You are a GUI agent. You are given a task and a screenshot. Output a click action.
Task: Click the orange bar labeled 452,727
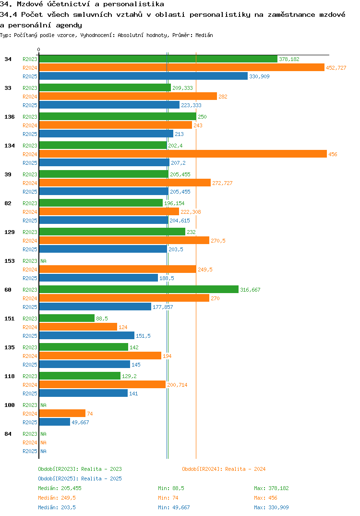[x=181, y=68]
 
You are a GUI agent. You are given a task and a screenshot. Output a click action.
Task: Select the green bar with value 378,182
[x=158, y=59]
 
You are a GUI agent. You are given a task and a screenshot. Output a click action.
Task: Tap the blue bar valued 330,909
[x=143, y=76]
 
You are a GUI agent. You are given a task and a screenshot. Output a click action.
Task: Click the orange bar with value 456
[x=182, y=154]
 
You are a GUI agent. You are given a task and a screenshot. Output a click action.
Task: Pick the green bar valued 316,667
[x=138, y=290]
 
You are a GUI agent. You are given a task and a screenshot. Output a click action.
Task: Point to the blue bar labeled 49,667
[x=54, y=422]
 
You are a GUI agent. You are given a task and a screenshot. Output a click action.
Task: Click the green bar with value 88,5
[x=67, y=319]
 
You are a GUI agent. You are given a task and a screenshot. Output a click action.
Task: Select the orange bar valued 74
[x=62, y=414]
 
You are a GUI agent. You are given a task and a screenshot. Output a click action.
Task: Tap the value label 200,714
[x=177, y=385]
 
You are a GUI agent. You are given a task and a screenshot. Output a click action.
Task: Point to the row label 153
[x=8, y=261]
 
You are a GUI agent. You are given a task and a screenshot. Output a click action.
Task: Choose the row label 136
[x=8, y=117]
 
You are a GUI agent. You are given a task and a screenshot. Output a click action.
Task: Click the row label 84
[x=8, y=434]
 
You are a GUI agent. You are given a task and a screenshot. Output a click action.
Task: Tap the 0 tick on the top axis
[x=39, y=49]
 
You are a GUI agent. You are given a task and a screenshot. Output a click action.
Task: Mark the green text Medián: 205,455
[x=60, y=488]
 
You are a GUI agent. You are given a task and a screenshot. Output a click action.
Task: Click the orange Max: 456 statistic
[x=265, y=498]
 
